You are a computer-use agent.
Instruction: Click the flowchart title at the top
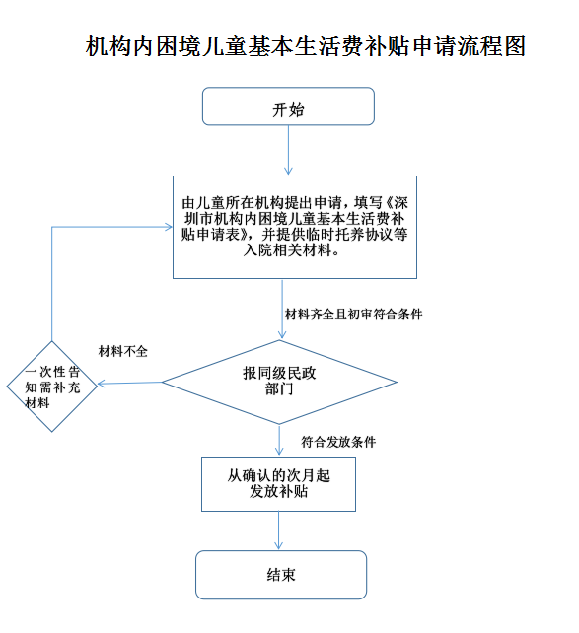coord(306,46)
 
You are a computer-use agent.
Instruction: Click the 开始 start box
coord(288,106)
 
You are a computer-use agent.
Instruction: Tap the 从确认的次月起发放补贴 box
coord(278,483)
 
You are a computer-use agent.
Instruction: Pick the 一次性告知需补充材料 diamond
coord(50,386)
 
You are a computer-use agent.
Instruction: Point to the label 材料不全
coord(123,351)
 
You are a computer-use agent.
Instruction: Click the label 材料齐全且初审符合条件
coord(353,314)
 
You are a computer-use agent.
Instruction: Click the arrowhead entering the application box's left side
coord(167,228)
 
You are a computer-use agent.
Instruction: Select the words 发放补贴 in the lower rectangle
coord(279,491)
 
